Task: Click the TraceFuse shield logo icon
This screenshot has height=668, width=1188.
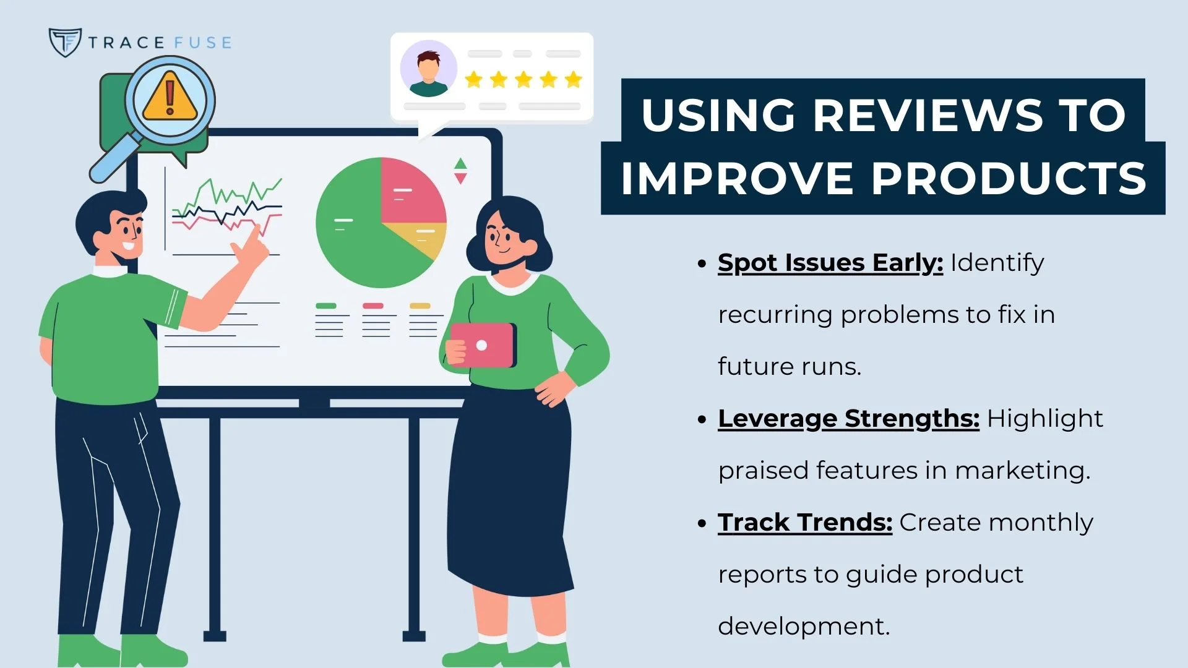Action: pos(64,42)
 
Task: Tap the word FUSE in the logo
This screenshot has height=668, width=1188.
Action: pos(203,43)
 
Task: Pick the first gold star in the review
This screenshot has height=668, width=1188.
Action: pos(473,79)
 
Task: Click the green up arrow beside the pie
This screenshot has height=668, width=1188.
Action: pos(460,164)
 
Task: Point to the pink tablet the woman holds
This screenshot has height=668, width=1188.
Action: pos(482,345)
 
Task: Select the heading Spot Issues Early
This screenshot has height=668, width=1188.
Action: pos(830,263)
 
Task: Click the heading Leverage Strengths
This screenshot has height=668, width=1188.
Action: pos(848,419)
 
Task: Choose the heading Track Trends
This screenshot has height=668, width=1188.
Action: pos(804,523)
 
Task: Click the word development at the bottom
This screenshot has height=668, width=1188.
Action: pos(803,627)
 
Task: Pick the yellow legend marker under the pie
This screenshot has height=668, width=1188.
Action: pos(420,306)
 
